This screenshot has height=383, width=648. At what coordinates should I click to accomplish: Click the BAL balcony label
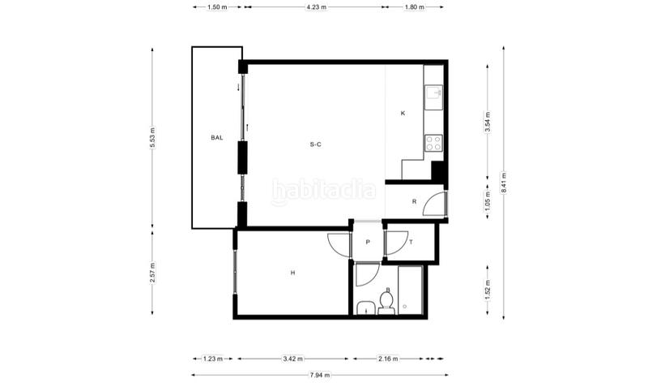tap(217, 137)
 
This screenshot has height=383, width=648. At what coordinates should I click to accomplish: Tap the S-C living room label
tap(315, 144)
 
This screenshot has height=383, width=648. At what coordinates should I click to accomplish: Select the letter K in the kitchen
tap(403, 113)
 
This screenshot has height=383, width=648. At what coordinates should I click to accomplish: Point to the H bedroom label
tap(292, 273)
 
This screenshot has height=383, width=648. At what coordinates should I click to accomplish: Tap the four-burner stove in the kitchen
tap(433, 143)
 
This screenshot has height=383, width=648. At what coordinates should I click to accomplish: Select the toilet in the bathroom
tap(386, 302)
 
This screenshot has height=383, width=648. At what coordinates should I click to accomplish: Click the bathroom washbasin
tap(366, 308)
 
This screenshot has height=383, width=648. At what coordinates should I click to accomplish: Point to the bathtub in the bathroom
tap(410, 290)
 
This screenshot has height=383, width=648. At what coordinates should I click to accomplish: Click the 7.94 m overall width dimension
tap(320, 375)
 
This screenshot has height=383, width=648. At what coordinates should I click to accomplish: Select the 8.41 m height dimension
tap(503, 183)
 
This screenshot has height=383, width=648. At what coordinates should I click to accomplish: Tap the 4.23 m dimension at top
tap(316, 7)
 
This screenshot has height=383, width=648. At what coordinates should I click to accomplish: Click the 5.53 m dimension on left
tap(152, 137)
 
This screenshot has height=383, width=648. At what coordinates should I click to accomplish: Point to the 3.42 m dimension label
tap(292, 359)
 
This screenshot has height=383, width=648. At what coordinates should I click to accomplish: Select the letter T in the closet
tap(411, 243)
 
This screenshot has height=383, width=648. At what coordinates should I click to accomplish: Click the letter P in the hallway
tap(368, 243)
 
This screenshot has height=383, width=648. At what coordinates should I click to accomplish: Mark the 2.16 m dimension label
tap(388, 359)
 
